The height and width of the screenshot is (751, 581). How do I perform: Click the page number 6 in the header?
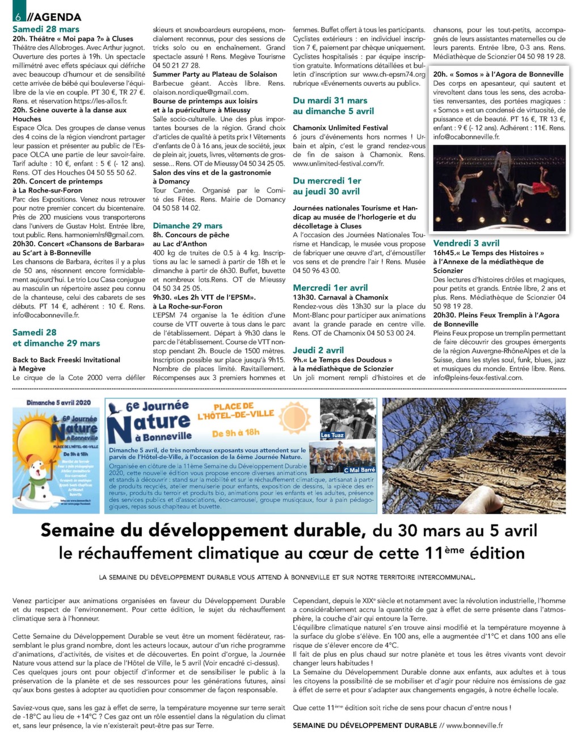(18, 16)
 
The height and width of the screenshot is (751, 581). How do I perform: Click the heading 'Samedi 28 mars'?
(46, 29)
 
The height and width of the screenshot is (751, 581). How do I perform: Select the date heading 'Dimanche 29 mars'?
(187, 226)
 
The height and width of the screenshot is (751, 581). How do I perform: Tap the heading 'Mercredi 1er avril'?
(330, 288)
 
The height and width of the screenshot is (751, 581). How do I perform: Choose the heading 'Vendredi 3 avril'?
(466, 243)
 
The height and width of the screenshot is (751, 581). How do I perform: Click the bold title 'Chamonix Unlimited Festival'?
(340, 128)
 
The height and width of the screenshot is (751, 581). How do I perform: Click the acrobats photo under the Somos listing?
(499, 187)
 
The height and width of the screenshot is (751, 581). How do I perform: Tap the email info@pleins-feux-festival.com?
(478, 378)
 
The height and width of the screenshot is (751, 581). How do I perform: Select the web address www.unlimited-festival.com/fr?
(338, 164)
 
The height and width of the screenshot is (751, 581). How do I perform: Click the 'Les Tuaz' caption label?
(332, 435)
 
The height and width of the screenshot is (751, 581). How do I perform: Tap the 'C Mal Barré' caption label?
(360, 470)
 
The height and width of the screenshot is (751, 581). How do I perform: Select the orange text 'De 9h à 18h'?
(235, 433)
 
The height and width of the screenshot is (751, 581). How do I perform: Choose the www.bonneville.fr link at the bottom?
(474, 725)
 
